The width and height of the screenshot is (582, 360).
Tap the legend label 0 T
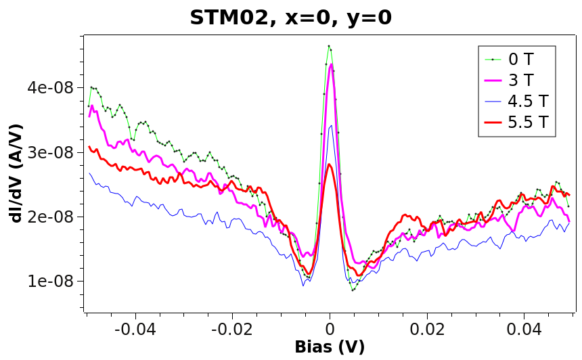click(x=521, y=59)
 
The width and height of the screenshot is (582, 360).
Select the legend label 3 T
click(x=521, y=80)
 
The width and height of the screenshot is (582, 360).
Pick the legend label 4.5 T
click(x=529, y=102)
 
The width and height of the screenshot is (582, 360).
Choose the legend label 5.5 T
click(x=529, y=122)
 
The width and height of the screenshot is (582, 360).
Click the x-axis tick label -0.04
click(x=135, y=330)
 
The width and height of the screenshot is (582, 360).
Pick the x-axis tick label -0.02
click(x=232, y=330)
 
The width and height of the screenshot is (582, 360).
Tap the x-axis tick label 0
click(x=330, y=330)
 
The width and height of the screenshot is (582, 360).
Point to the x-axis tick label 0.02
click(x=427, y=330)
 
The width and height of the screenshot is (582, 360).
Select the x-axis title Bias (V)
click(x=330, y=348)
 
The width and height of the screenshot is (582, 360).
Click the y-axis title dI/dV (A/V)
click(x=16, y=173)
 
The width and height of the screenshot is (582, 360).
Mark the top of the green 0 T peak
click(x=329, y=46)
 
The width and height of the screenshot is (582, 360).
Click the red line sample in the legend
click(x=493, y=122)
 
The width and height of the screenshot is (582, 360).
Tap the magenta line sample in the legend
click(x=493, y=80)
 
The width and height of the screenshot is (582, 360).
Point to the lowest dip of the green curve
click(x=353, y=290)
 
